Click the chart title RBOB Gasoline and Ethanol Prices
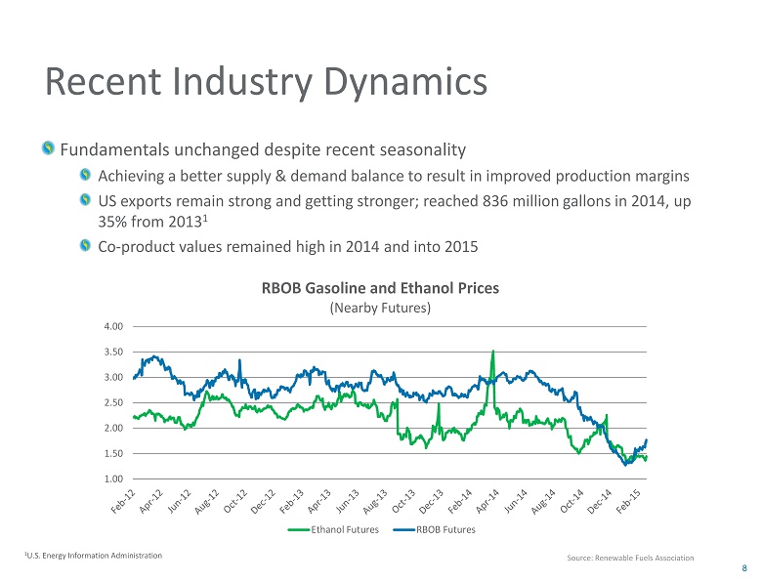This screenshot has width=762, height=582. click(379, 289)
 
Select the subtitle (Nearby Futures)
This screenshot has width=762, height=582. click(379, 308)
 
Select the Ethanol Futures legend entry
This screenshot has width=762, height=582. click(332, 529)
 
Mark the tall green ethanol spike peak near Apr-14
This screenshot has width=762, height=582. click(492, 352)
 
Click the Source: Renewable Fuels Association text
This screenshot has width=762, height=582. click(630, 558)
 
